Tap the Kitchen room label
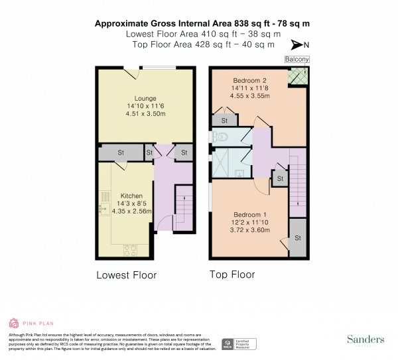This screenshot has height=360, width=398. pyautogui.click(x=129, y=177)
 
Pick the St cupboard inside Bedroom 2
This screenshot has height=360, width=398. pyautogui.click(x=225, y=121)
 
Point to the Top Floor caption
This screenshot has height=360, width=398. pyautogui.click(x=232, y=274)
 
